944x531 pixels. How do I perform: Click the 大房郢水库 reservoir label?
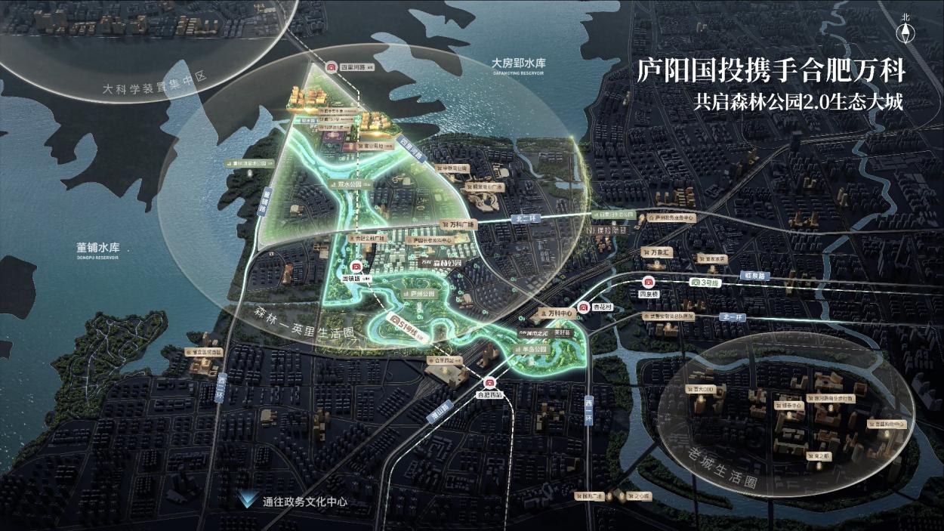(518, 64)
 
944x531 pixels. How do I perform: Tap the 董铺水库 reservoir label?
(98, 247)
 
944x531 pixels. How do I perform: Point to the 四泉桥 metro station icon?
(647, 282)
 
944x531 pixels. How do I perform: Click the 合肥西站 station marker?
(489, 382)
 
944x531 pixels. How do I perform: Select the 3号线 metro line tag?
(707, 282)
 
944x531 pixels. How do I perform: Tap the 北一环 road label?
(732, 317)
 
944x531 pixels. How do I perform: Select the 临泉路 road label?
(752, 276)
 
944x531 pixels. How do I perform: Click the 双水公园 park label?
(342, 183)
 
